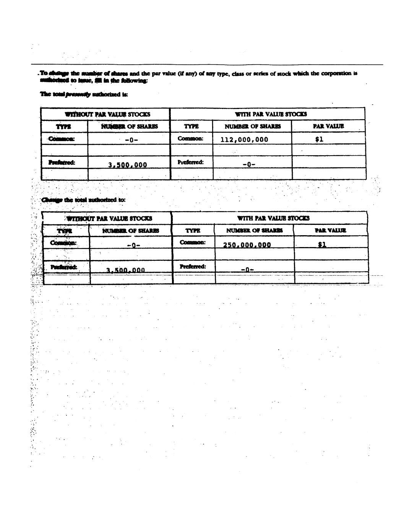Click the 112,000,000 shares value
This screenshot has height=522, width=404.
pos(244,140)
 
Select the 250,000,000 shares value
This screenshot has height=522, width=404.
pos(247,245)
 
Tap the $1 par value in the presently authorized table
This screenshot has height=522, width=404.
pos(319,139)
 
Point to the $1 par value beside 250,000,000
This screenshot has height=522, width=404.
pos(322,244)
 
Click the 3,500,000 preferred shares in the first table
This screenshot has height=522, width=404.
pos(128,165)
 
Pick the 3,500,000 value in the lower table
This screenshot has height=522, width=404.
pos(126,270)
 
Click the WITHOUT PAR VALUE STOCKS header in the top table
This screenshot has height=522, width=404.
pos(107,114)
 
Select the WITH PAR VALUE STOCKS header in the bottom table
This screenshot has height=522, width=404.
pos(273,218)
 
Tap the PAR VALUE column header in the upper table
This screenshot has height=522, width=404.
pos(328,126)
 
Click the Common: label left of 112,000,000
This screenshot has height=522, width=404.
pos(190,138)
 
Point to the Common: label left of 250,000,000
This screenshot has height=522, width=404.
pos(193,242)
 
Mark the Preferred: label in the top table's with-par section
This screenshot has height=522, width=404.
pos(190,162)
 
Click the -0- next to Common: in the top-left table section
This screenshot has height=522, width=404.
pos(131,140)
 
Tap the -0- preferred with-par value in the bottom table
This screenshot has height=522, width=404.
pos(248,270)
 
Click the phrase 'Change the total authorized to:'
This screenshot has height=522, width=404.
pos(83,200)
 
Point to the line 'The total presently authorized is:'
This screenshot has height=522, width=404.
pos(84,94)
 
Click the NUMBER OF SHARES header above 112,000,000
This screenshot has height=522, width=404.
pos(252,126)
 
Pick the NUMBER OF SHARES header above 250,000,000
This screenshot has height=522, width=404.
pos(255,230)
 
